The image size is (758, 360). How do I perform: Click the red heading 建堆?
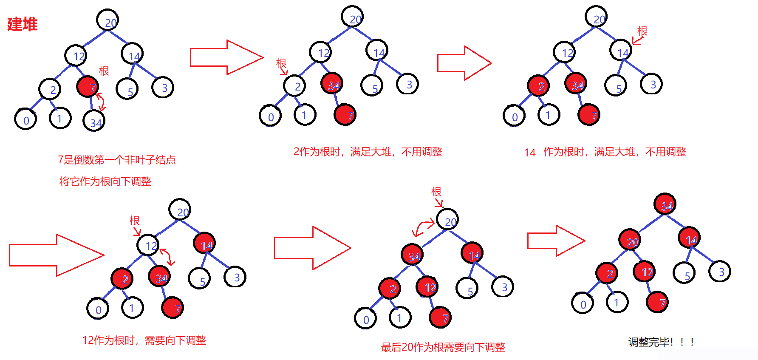[x=22, y=24]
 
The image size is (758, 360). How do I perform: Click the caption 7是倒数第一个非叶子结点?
[x=116, y=160]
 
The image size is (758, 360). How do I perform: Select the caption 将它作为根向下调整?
[x=105, y=181]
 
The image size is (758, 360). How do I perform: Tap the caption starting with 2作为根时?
[x=368, y=152]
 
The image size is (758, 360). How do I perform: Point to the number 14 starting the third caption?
[x=530, y=153]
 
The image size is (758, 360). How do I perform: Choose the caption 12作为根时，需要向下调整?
[x=144, y=340]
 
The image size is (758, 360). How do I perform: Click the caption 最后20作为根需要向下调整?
[x=443, y=347]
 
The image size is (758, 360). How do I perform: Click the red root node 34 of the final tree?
[x=665, y=205]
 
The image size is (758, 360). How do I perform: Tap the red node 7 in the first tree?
[x=88, y=87]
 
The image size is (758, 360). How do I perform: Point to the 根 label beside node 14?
[x=642, y=31]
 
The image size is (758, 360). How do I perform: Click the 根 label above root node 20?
[x=436, y=192]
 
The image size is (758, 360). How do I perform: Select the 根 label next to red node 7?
[x=104, y=71]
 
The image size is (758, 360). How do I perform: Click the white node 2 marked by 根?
[x=295, y=86]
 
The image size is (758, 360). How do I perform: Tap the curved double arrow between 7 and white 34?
[x=101, y=102]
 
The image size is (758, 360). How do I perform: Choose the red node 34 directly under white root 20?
[x=412, y=255]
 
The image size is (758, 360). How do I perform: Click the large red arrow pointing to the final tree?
[x=556, y=241]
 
